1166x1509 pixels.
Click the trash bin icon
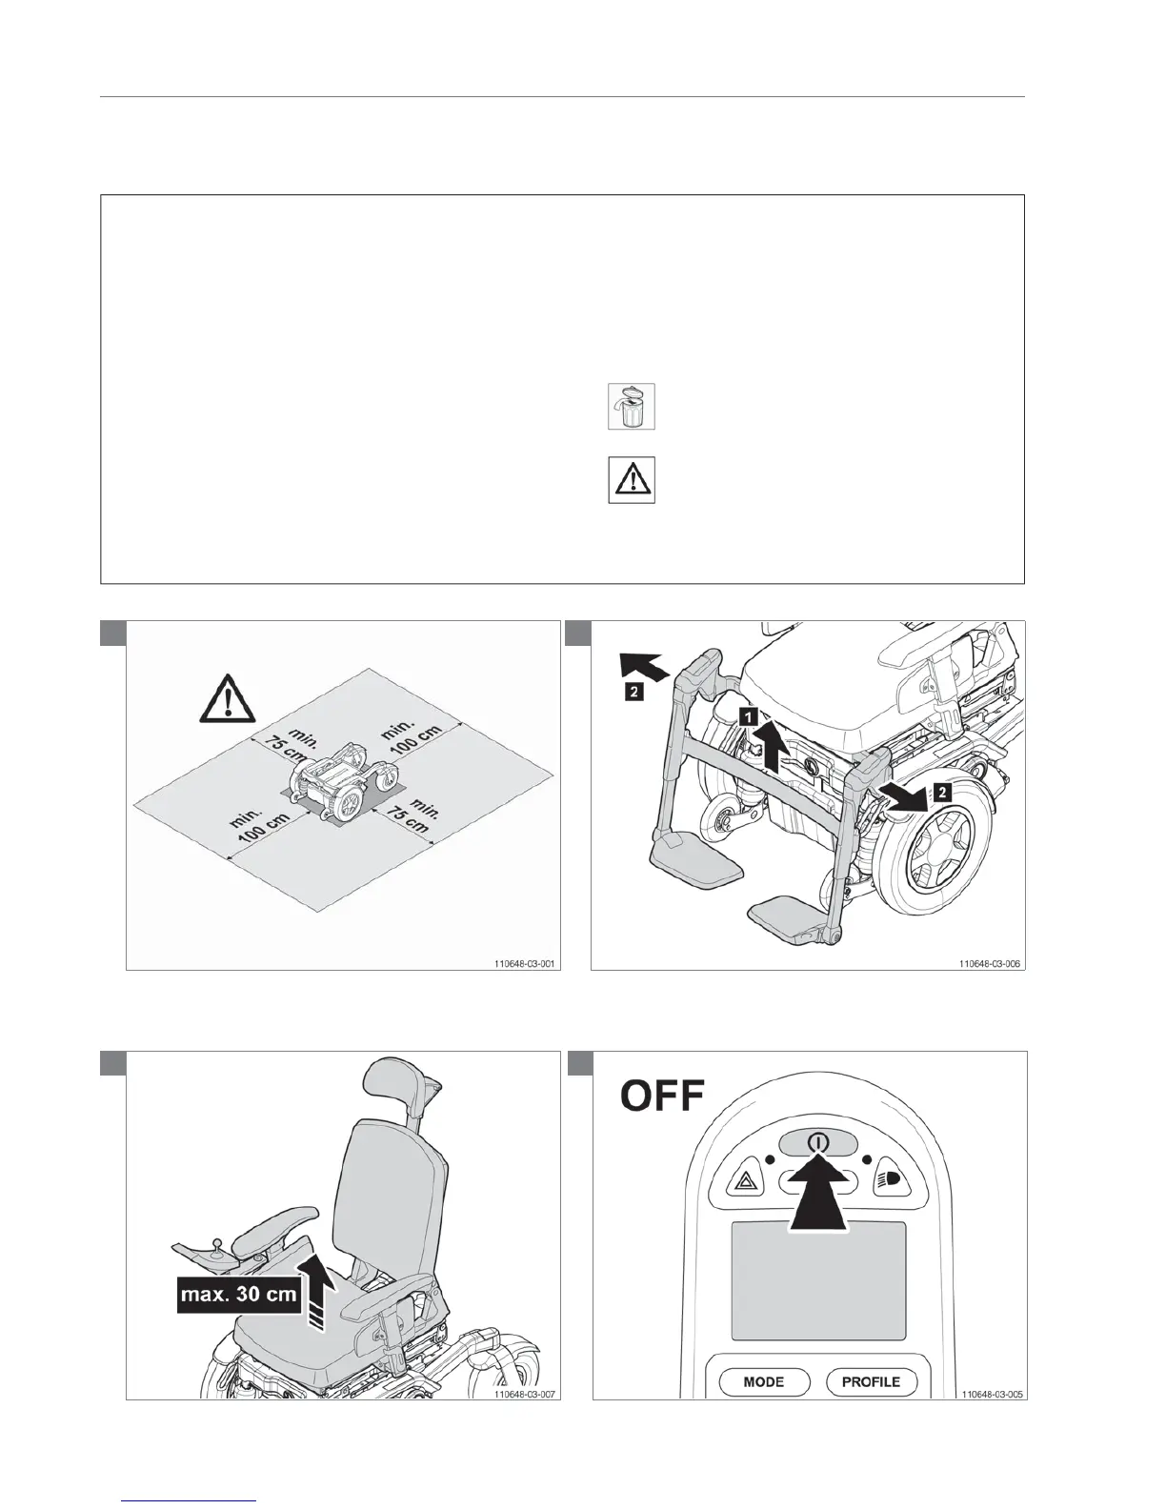(632, 407)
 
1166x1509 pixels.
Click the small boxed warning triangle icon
(632, 480)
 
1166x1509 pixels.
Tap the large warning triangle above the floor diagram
(228, 698)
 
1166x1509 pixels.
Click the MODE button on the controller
(763, 1381)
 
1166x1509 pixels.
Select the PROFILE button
(871, 1381)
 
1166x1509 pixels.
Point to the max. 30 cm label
(238, 1295)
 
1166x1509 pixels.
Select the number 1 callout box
(751, 714)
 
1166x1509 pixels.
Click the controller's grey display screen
(818, 1280)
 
